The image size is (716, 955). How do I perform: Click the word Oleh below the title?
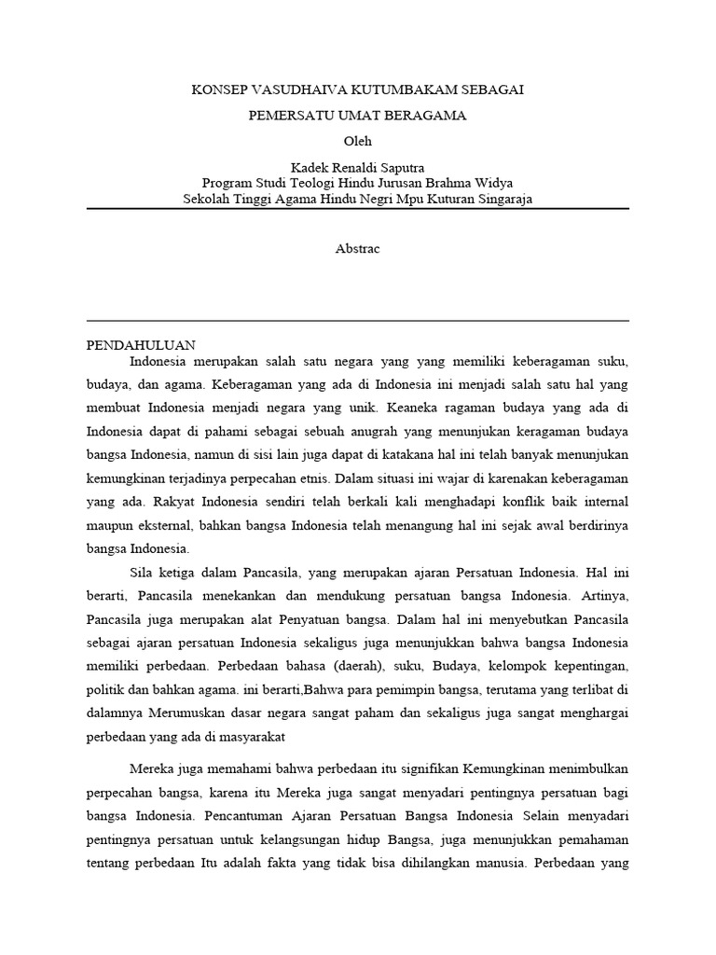tap(357, 141)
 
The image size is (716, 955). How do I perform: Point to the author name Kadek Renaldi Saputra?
tap(357, 167)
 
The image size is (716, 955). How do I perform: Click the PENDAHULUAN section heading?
tap(141, 344)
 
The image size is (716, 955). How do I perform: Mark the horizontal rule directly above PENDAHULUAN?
tap(357, 321)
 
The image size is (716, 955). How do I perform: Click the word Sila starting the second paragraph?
tap(143, 573)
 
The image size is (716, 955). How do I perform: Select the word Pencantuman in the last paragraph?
tap(242, 815)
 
